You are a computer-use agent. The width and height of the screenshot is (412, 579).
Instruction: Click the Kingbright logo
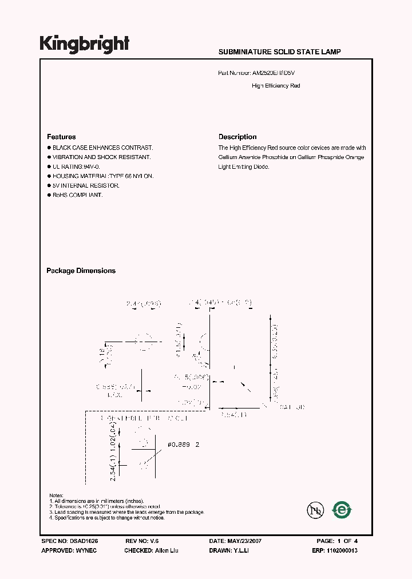84,43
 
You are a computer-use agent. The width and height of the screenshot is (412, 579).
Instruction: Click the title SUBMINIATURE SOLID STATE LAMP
279,52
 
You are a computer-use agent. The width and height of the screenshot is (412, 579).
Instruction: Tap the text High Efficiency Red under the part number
276,86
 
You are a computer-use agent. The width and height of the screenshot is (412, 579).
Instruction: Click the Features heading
61,137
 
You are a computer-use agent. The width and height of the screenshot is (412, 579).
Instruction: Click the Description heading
237,137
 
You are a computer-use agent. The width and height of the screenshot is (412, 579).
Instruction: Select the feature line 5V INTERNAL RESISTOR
86,185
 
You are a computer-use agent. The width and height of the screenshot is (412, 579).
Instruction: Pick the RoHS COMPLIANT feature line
78,195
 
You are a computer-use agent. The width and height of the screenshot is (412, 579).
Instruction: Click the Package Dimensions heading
81,271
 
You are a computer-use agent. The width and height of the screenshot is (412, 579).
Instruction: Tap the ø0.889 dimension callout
180,445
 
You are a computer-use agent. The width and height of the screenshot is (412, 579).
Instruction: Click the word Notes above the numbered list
56,495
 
